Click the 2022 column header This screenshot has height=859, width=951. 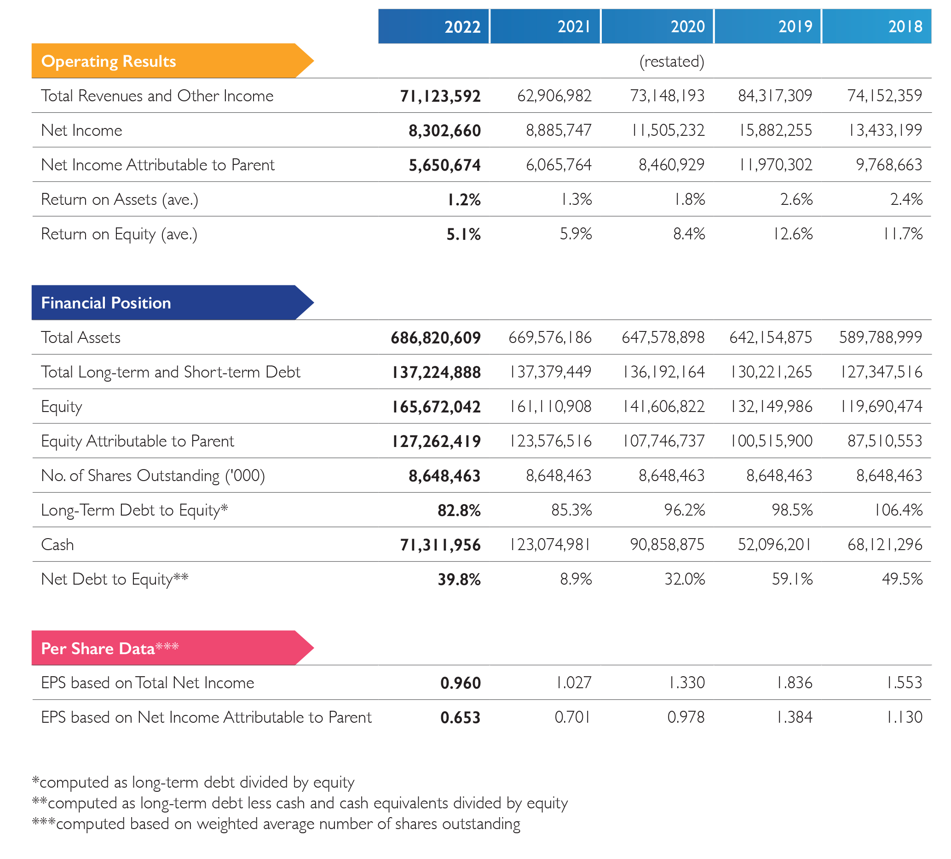point(433,26)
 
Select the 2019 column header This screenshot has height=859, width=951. point(767,26)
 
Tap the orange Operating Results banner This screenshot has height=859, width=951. point(173,61)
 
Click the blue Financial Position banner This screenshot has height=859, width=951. point(173,302)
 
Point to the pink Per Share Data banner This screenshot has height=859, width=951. point(173,648)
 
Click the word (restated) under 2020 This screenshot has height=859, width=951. point(672,61)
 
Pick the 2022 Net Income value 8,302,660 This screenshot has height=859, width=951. point(445,130)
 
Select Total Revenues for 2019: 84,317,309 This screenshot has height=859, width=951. point(775,96)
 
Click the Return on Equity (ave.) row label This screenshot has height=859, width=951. point(119,234)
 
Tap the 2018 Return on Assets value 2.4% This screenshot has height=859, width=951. point(906,199)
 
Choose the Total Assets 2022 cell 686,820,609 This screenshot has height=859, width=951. point(436,337)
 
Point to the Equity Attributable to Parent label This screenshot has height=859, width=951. point(137,441)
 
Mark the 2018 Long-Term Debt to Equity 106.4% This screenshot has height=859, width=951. point(898,510)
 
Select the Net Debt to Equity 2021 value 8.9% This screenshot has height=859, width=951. point(576,579)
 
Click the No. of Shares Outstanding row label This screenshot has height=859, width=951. point(153,476)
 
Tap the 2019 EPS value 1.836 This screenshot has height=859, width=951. point(795,683)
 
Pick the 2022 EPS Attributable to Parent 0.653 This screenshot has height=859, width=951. point(461,717)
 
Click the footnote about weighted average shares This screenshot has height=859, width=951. point(276,824)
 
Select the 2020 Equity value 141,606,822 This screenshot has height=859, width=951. point(663,406)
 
